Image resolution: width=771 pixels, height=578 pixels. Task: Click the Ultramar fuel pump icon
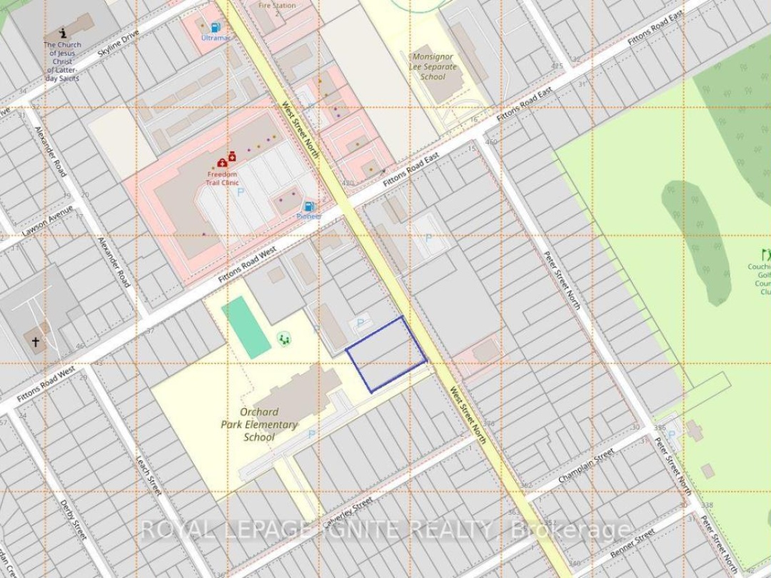[x=215, y=26]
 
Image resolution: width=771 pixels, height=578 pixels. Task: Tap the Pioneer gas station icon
[x=308, y=206]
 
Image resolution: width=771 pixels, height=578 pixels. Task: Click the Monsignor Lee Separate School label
[x=433, y=66]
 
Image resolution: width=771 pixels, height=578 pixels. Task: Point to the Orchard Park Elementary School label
[x=259, y=425]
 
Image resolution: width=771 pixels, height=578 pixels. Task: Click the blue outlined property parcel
[x=386, y=354]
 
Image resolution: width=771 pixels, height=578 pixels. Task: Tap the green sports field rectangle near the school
[x=246, y=328]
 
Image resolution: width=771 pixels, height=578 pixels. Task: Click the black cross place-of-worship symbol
[x=35, y=343]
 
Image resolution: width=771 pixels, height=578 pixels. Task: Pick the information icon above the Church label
[x=63, y=33]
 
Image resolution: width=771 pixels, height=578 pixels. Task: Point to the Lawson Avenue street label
[x=47, y=222]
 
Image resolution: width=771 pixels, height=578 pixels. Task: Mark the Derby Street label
[x=73, y=519]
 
